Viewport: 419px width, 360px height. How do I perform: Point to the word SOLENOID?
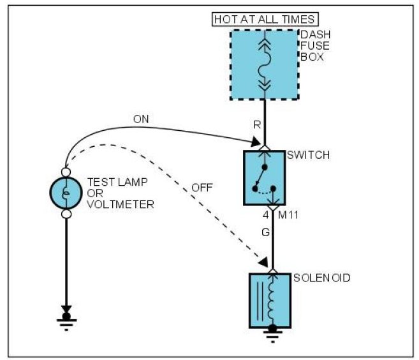[x=322, y=278]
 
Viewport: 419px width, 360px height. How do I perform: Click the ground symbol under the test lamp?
[x=65, y=319]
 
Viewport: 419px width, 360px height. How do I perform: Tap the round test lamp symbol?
[x=65, y=193]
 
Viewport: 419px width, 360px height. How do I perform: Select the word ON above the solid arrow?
[x=141, y=119]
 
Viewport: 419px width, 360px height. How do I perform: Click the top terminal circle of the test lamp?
[x=65, y=172]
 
